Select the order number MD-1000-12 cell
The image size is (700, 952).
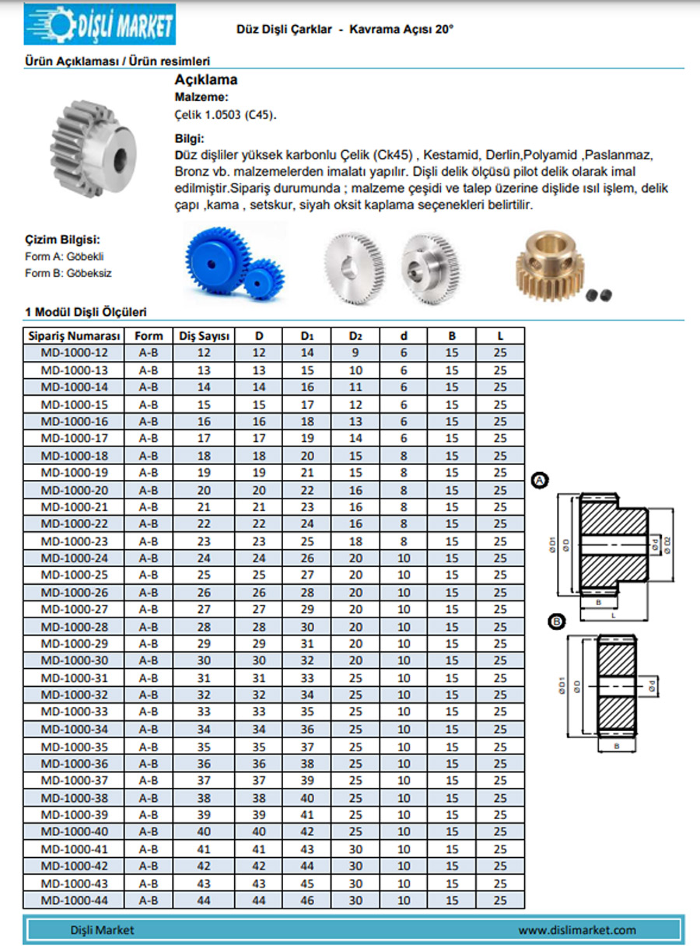[75, 352]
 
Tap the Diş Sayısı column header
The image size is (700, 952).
[205, 336]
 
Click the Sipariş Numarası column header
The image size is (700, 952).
[75, 336]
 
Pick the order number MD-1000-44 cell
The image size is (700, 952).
[75, 901]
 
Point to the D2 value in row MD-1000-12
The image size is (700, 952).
[355, 352]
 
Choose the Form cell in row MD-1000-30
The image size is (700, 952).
[149, 660]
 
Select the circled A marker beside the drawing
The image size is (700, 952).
[539, 482]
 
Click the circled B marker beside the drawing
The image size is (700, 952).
[556, 621]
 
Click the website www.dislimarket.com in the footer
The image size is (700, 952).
[577, 929]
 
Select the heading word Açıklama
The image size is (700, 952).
[205, 79]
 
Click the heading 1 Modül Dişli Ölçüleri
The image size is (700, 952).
[86, 313]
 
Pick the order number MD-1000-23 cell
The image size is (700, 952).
[75, 541]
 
